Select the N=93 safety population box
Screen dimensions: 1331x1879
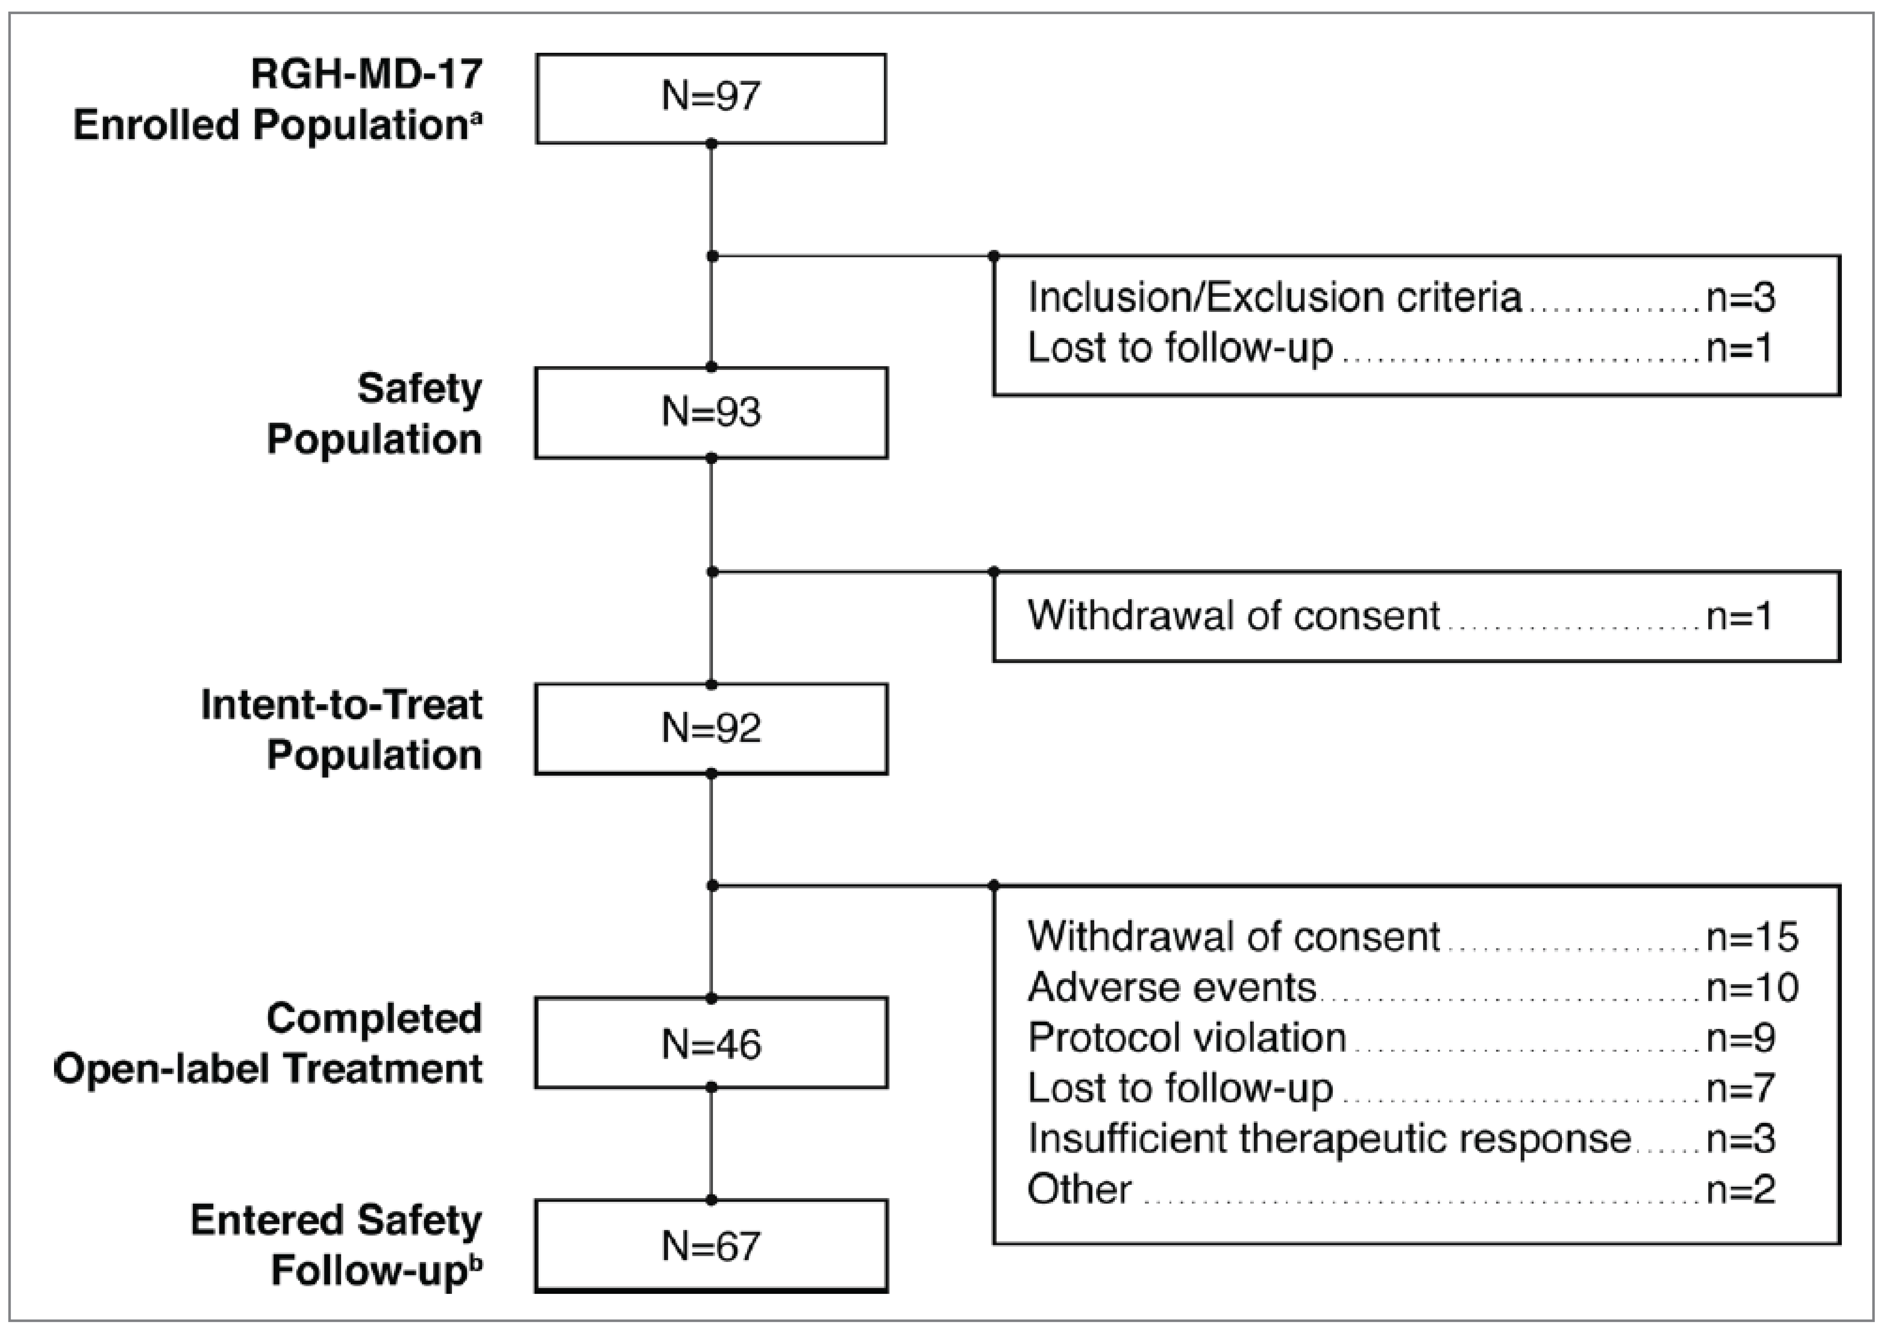[711, 412]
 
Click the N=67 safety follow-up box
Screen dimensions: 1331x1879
[711, 1246]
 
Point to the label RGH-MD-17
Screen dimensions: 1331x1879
[367, 75]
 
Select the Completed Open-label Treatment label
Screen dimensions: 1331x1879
[268, 1043]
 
